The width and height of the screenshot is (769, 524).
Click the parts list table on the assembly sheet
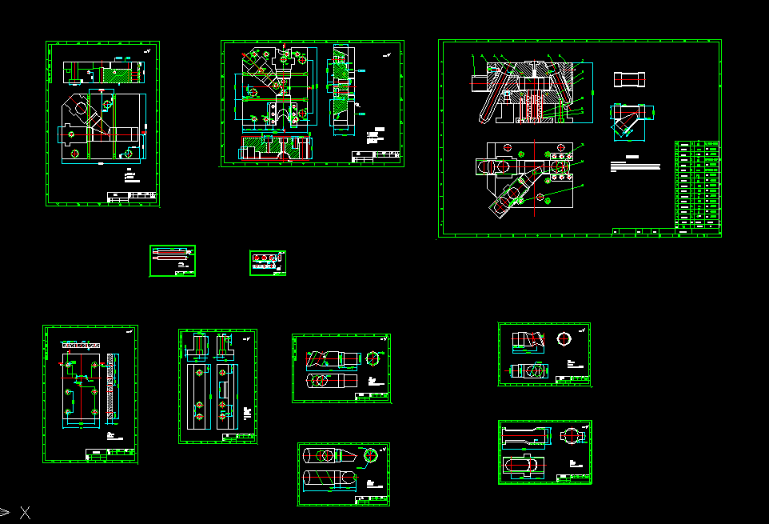pyautogui.click(x=698, y=186)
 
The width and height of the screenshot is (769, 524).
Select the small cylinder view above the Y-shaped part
pyautogui.click(x=629, y=80)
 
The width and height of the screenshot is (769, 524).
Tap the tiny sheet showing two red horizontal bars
pyautogui.click(x=173, y=262)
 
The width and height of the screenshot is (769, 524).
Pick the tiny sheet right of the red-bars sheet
pyautogui.click(x=268, y=262)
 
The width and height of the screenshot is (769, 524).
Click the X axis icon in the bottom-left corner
pyautogui.click(x=25, y=513)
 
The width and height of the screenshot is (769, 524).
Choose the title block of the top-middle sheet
pyautogui.click(x=377, y=156)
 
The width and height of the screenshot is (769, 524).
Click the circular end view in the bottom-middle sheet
pyautogui.click(x=372, y=456)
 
